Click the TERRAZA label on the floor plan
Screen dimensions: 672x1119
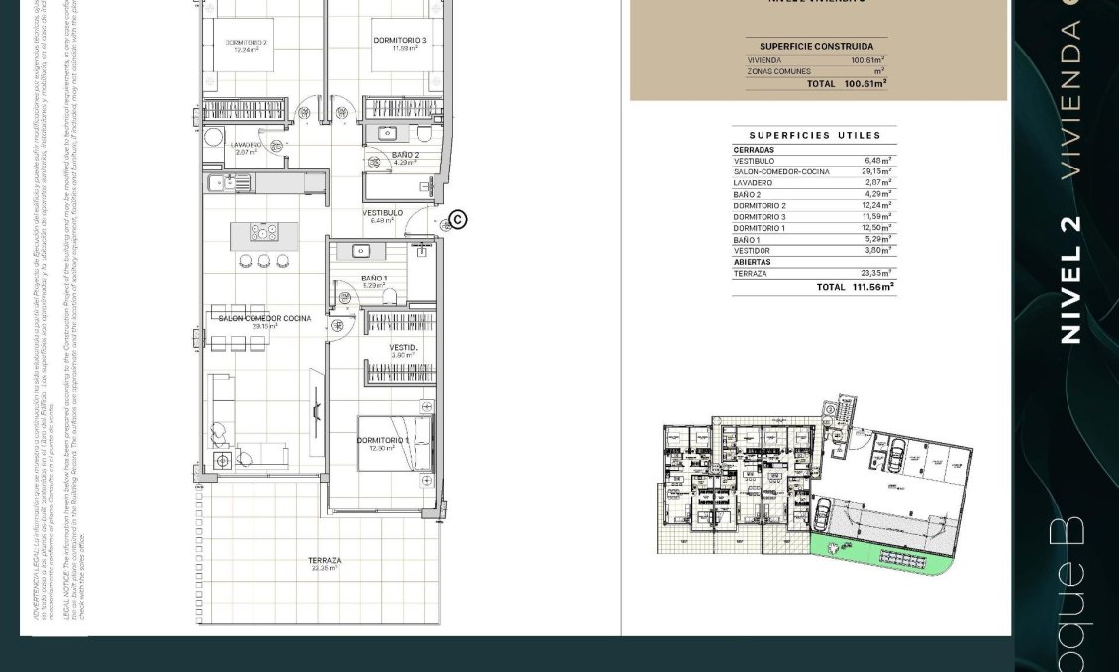click(324, 561)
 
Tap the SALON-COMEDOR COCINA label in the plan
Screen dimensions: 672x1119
click(264, 318)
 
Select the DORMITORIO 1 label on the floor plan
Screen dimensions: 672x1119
click(382, 440)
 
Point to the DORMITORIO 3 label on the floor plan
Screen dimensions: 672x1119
click(400, 41)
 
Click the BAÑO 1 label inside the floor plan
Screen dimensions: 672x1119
click(374, 279)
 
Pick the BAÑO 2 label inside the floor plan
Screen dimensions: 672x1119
click(405, 156)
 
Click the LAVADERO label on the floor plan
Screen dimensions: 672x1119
click(247, 145)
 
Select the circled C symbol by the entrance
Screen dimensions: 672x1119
click(458, 219)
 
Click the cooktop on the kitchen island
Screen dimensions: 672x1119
click(264, 233)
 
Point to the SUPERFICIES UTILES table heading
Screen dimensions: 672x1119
click(815, 135)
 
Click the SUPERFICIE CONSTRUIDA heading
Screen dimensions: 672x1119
click(816, 46)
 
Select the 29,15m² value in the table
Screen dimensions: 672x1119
click(876, 171)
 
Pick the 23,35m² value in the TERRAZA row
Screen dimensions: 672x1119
click(876, 273)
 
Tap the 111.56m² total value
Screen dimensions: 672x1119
click(872, 287)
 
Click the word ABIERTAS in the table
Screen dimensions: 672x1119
click(752, 262)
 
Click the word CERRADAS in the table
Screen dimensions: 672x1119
click(754, 150)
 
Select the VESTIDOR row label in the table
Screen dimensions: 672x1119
click(752, 251)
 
